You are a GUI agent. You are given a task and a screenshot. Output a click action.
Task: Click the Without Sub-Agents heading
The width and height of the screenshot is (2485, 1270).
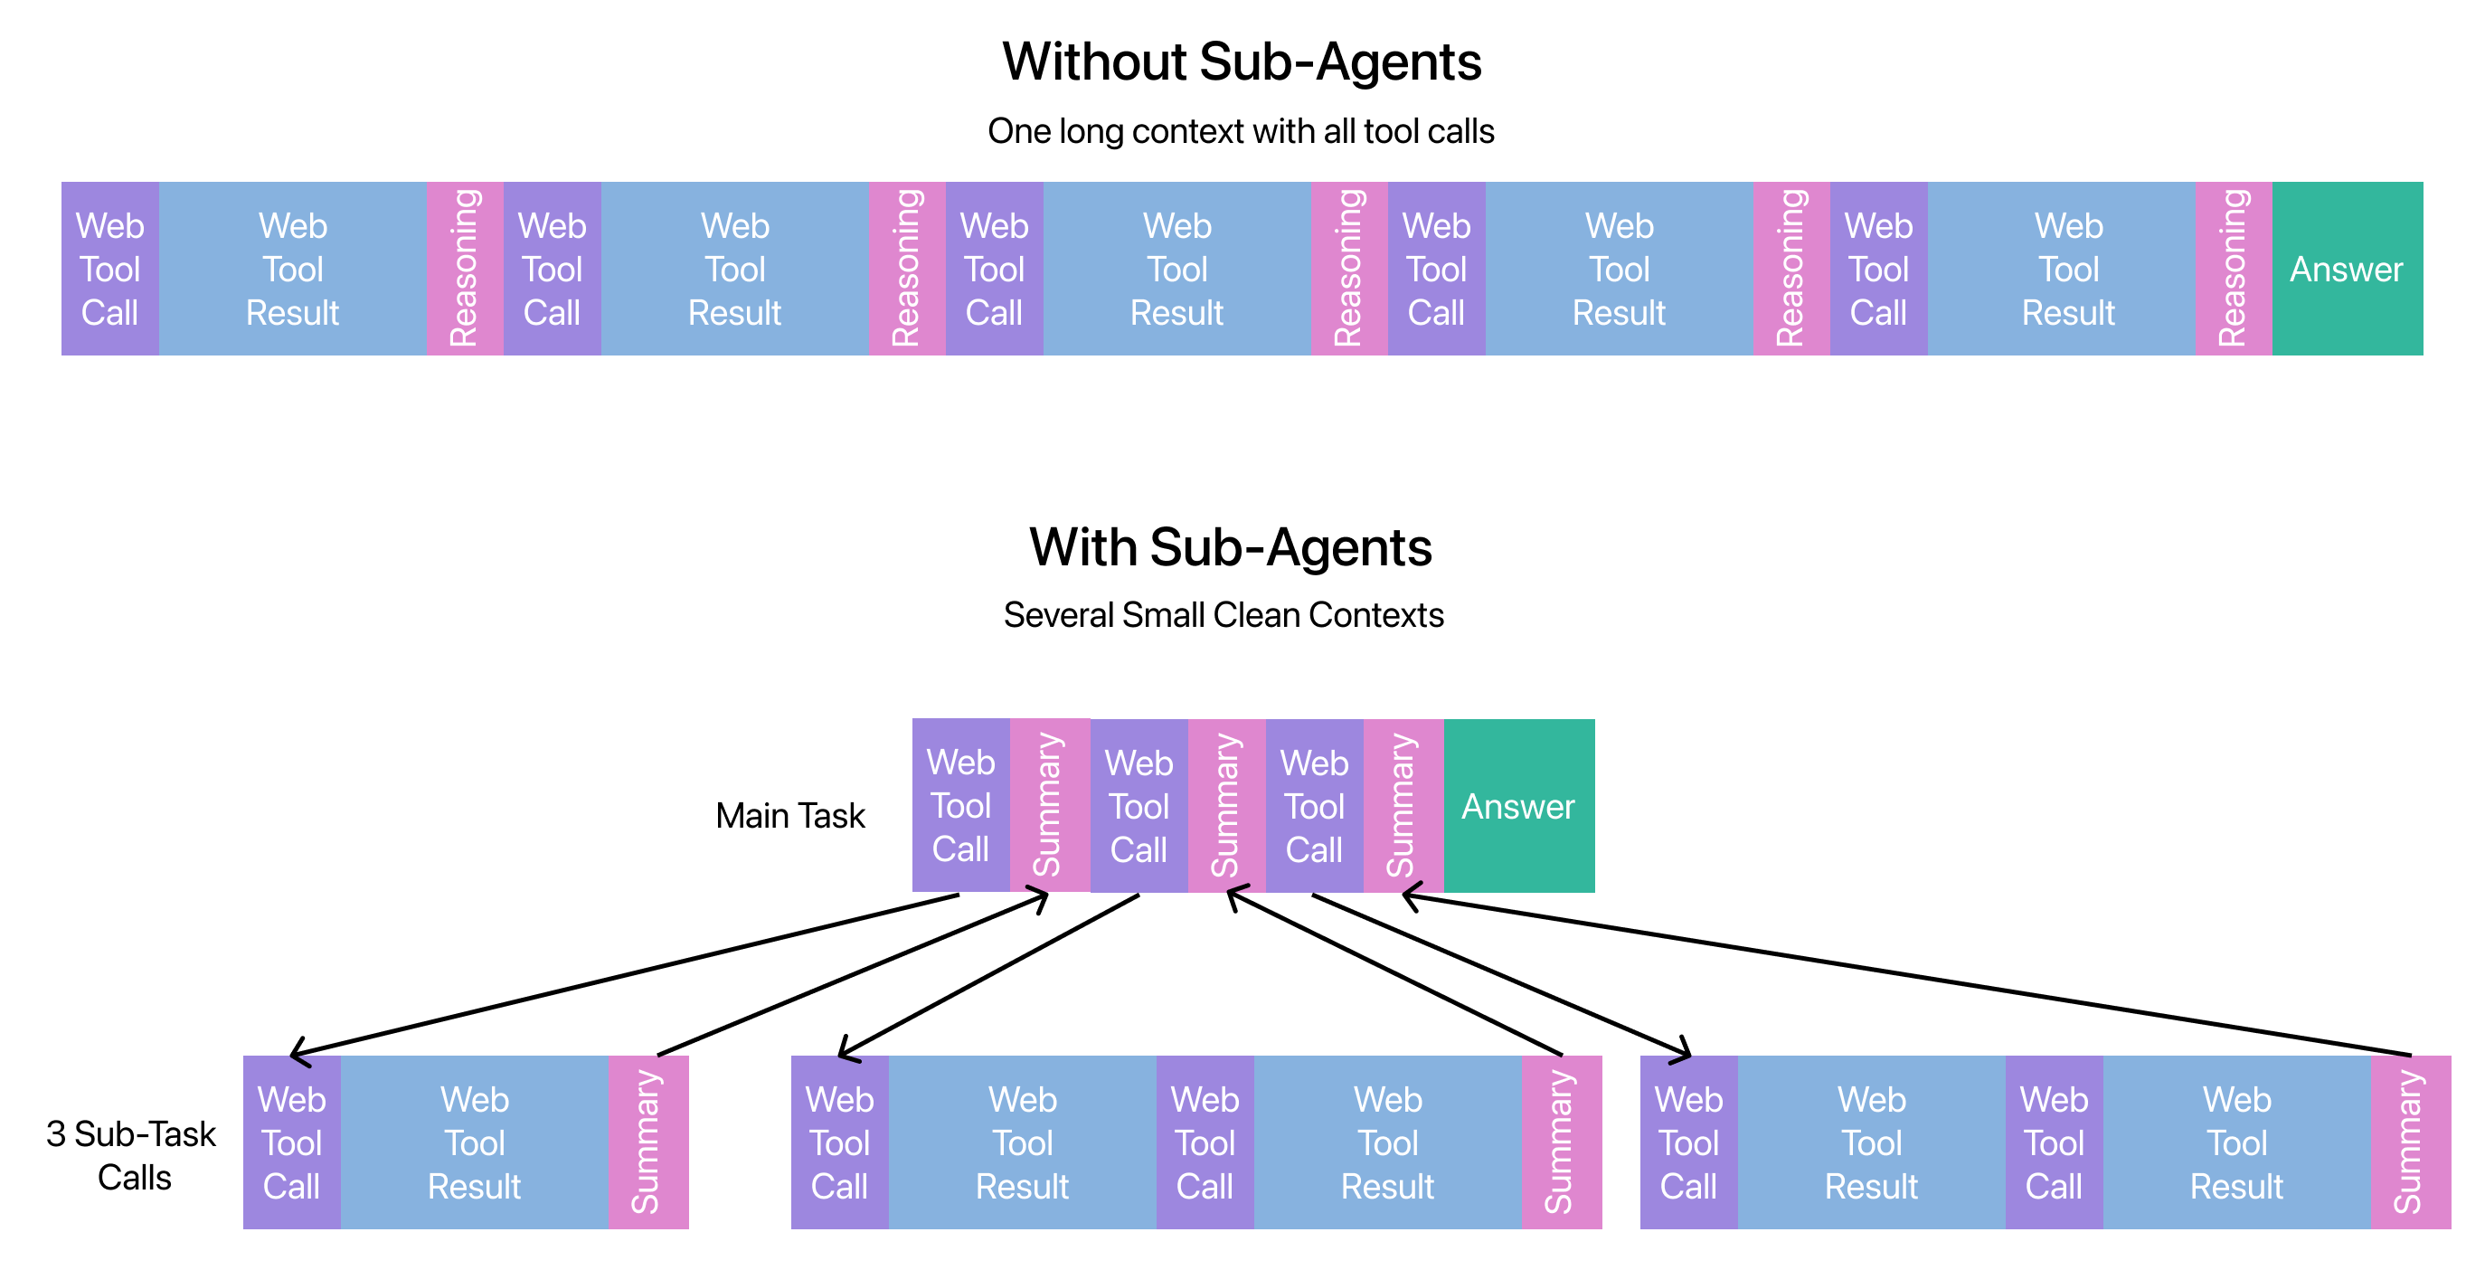tap(1241, 62)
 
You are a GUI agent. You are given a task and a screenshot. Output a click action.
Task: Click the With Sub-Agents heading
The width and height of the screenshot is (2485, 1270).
tap(1230, 547)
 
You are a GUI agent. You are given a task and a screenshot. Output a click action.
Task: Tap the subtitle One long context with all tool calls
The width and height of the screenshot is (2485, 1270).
tap(1241, 131)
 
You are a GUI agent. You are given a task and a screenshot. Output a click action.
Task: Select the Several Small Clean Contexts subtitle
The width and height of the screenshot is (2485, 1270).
tap(1224, 615)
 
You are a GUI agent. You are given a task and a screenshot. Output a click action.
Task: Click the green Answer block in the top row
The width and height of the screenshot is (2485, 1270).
tap(2346, 270)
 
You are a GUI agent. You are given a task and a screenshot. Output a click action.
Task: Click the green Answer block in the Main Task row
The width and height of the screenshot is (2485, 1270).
tap(1518, 806)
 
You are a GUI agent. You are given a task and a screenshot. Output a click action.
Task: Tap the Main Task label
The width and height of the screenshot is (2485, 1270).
tap(790, 816)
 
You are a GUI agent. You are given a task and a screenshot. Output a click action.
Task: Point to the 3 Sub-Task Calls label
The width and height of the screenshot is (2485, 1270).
tap(132, 1155)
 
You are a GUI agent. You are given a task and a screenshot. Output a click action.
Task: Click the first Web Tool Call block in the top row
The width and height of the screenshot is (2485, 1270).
tap(110, 270)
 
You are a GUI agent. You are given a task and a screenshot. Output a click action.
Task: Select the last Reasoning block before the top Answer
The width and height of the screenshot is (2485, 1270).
tap(2233, 270)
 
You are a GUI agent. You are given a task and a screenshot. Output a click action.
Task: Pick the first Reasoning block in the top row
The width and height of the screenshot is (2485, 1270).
tap(464, 270)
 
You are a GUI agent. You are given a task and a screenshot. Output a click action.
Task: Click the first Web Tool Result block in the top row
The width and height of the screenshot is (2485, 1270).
tap(292, 270)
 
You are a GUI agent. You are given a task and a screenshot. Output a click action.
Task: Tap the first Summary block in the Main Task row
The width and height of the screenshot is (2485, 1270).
tap(1049, 806)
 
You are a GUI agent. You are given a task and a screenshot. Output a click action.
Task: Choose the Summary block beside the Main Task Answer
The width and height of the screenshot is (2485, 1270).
tap(1403, 806)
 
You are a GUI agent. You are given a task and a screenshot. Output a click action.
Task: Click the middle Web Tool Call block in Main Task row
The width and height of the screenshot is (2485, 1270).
tap(1139, 806)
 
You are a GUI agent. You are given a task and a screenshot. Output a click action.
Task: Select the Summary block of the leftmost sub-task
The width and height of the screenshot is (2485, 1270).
tap(647, 1142)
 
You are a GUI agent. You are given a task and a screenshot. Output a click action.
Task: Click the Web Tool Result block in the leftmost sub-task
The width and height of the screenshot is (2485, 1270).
tap(474, 1142)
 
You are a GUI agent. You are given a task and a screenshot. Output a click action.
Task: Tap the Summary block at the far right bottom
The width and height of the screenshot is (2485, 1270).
tap(2409, 1142)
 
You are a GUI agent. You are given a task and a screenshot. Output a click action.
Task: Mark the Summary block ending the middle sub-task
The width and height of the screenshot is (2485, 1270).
tap(1560, 1142)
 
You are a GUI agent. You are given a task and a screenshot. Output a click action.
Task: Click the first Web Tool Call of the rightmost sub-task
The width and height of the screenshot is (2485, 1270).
tap(1687, 1142)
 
